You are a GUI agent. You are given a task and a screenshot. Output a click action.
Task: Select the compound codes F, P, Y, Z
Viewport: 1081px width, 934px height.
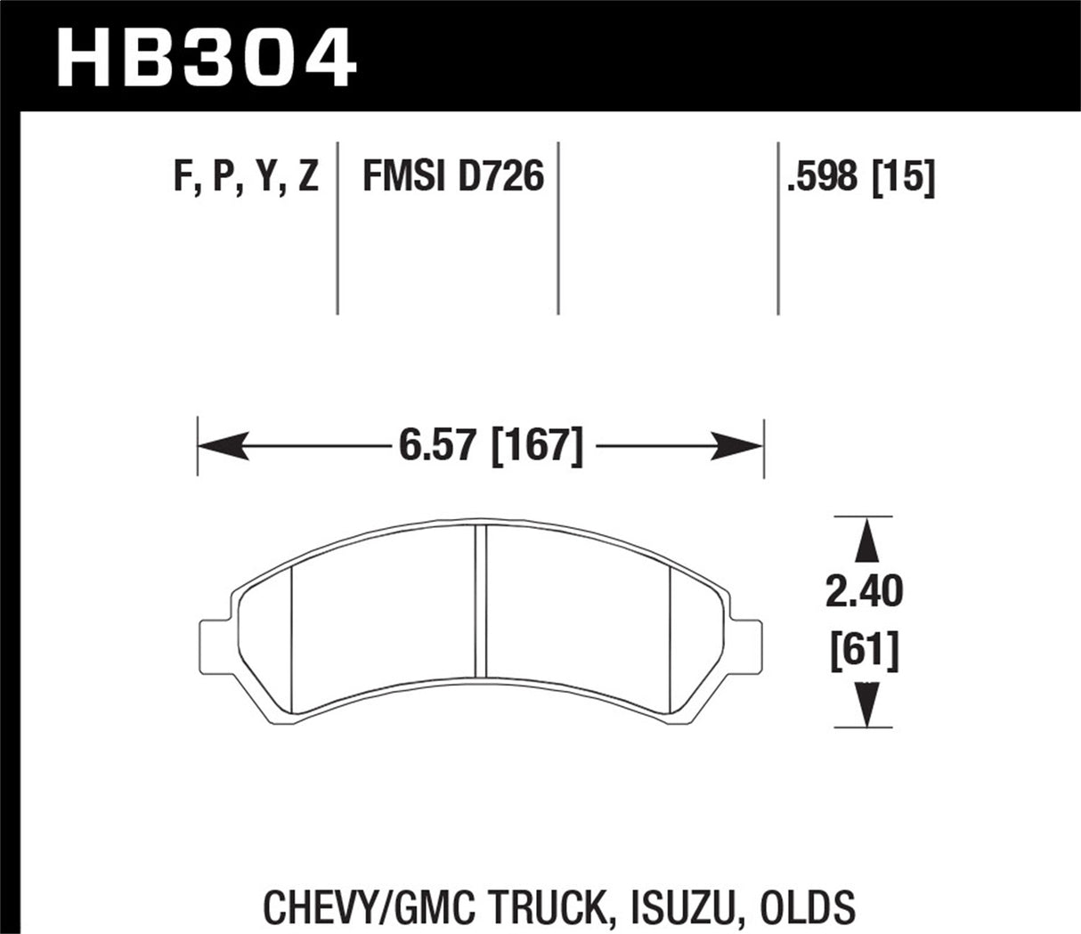coord(247,177)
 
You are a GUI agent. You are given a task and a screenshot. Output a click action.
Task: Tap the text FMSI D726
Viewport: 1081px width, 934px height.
coord(452,177)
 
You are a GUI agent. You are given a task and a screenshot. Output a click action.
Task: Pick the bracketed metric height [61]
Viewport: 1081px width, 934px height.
coord(865,653)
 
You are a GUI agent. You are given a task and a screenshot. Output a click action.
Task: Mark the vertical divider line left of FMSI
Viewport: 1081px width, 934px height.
coord(338,226)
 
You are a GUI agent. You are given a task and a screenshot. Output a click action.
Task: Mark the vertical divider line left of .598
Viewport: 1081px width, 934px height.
coord(779,226)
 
